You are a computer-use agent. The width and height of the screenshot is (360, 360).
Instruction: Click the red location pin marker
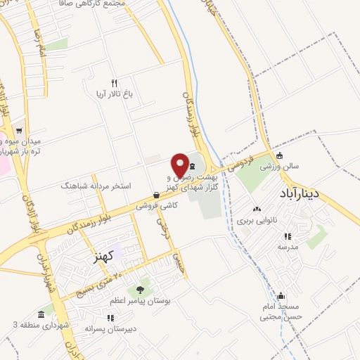coord(180,163)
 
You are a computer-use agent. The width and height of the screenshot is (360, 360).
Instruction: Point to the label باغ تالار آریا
coord(112,94)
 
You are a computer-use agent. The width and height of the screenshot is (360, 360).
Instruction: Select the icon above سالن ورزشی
coord(280,156)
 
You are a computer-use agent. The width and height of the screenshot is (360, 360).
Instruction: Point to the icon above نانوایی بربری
coord(257,209)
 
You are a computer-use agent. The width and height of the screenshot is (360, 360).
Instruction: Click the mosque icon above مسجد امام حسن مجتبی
coord(282,296)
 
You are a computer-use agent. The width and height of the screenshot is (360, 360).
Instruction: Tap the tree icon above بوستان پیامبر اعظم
coord(140,290)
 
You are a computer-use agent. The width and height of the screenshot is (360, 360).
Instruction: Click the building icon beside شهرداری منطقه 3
coord(42,314)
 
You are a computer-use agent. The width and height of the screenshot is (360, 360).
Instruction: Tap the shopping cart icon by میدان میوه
coord(20,129)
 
